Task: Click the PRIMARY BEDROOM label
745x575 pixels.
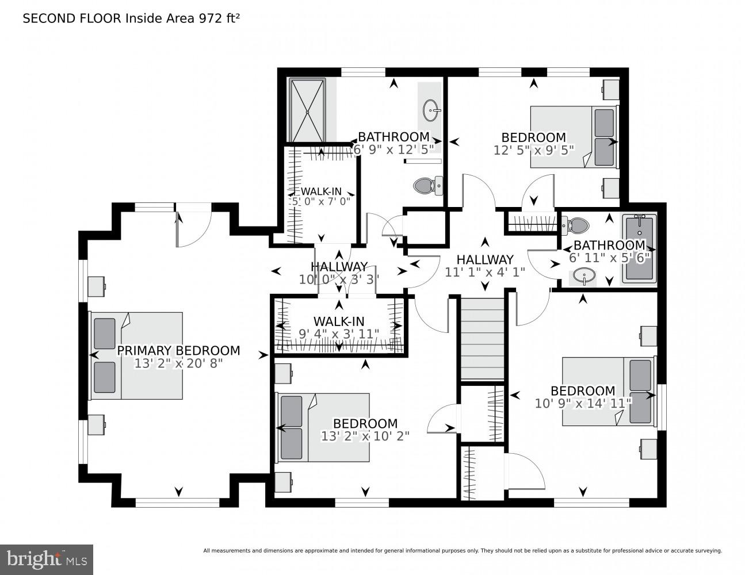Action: [178, 351]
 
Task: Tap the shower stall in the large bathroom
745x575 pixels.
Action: [308, 110]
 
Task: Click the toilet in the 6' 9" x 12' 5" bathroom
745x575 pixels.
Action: [427, 185]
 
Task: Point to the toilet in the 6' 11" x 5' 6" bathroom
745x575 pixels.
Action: [576, 224]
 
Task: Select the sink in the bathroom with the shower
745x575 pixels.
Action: [430, 109]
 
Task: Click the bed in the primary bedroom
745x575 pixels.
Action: [136, 356]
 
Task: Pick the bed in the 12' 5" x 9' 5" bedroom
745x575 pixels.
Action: [573, 137]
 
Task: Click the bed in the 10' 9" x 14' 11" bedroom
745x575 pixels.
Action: [608, 392]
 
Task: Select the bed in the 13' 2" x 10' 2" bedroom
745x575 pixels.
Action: [323, 427]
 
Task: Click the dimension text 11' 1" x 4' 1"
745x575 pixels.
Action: [484, 273]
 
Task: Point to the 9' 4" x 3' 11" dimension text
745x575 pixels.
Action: [339, 333]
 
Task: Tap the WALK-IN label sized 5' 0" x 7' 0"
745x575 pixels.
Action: [321, 191]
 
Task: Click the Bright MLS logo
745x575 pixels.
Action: [46, 559]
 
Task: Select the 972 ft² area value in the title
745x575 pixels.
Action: [219, 18]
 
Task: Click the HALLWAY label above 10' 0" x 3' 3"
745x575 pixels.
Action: [339, 267]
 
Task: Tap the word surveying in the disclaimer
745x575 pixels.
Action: [706, 551]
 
